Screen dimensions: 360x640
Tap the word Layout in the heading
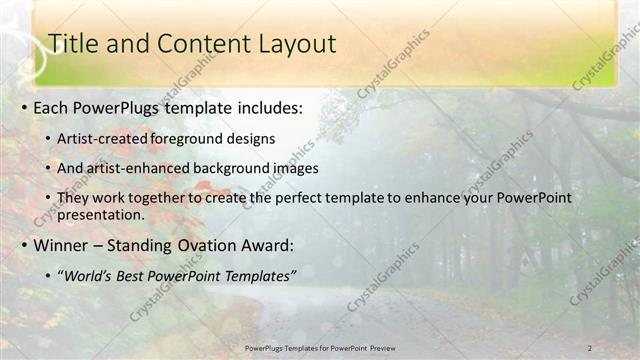288,44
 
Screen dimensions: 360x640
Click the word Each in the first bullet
52,107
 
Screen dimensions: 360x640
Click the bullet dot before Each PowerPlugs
23,108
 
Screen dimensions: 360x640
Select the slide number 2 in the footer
590,348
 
